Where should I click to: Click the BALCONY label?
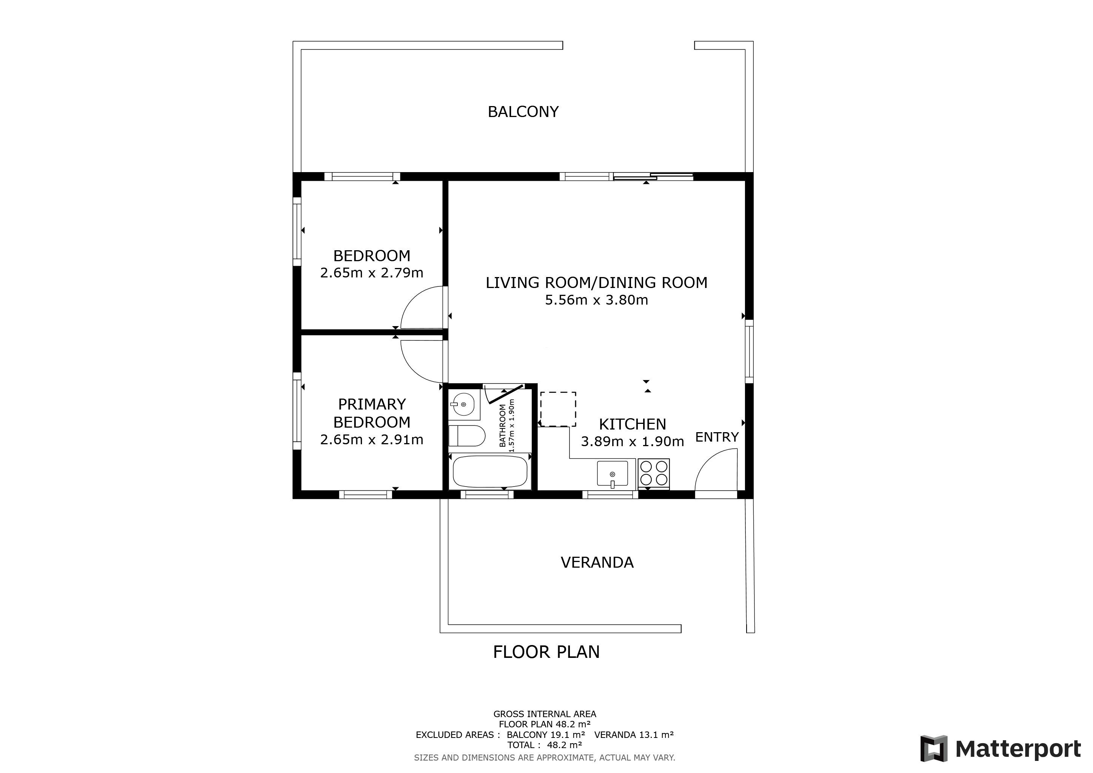523,112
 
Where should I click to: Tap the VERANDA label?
597,563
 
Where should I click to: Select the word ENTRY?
717,437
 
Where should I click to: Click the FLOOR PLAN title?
546,652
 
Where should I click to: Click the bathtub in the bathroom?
490,471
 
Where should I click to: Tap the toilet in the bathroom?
466,436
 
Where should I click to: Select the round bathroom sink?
463,405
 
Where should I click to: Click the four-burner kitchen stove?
654,473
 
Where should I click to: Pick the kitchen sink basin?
612,474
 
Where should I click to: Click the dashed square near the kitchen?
558,410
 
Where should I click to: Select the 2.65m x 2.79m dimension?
372,273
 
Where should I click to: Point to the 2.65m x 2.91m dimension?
372,440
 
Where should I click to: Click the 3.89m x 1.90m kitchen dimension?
632,442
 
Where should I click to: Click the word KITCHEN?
632,424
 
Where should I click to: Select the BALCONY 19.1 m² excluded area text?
545,735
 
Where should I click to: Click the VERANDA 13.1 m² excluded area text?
634,735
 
